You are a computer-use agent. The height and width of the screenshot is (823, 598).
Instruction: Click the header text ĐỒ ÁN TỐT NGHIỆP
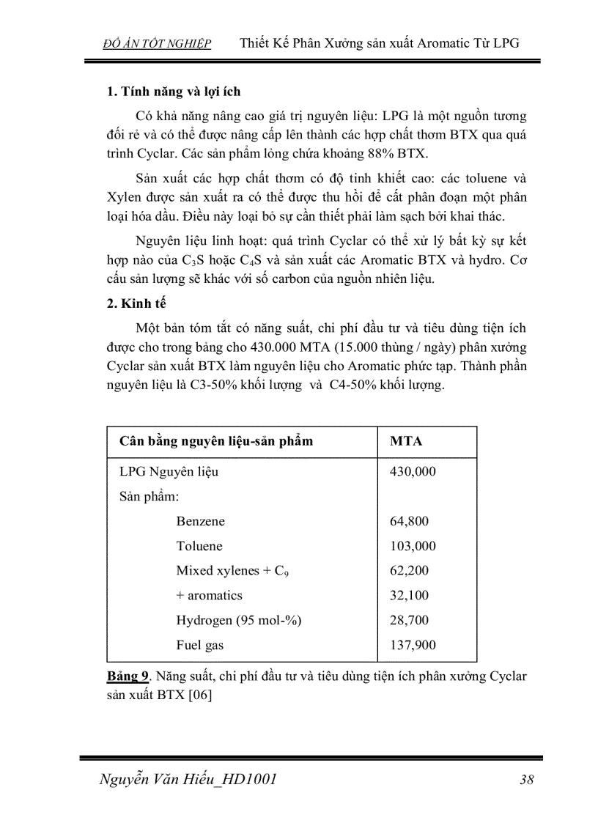157,44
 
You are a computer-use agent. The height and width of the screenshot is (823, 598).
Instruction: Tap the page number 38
525,779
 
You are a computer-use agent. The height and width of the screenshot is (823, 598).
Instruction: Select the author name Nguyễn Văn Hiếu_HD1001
188,779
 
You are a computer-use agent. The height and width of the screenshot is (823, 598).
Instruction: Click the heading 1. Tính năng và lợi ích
174,92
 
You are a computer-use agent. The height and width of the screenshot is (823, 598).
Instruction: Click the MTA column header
406,442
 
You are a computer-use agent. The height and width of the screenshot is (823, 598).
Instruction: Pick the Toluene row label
199,547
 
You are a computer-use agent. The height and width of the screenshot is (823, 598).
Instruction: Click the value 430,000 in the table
413,472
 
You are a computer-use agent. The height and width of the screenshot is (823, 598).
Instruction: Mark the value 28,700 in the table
410,621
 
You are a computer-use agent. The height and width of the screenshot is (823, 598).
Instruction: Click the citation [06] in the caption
200,696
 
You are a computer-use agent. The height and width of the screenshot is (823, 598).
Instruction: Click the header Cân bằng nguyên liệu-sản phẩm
216,442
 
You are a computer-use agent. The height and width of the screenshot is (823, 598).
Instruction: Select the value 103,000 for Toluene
413,547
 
